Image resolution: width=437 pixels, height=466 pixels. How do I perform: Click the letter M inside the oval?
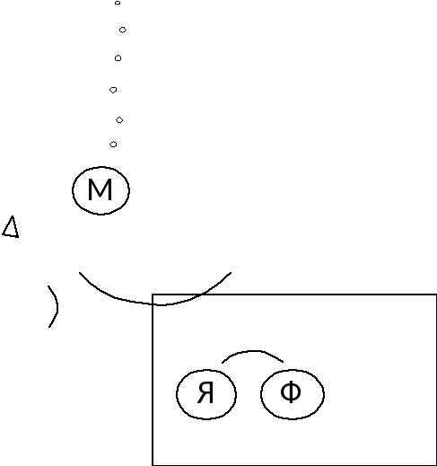[x=101, y=189]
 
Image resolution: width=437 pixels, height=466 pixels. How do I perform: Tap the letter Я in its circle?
[x=205, y=392]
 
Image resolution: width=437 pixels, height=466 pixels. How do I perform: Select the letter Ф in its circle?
[x=291, y=391]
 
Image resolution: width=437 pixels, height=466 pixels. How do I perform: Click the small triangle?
[x=11, y=227]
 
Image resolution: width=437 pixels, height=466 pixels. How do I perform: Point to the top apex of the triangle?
[x=13, y=216]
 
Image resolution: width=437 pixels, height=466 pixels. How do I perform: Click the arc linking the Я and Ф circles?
[x=253, y=351]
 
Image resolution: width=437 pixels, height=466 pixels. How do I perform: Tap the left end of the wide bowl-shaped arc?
[x=80, y=273]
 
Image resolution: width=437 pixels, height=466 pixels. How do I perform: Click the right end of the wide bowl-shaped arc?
[x=231, y=273]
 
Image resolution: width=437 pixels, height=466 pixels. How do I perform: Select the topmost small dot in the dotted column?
[x=118, y=3]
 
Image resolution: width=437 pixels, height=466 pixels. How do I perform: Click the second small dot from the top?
[x=123, y=30]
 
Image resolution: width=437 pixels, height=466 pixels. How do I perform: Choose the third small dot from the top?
[x=118, y=58]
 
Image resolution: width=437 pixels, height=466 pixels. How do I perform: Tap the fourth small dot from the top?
[x=113, y=90]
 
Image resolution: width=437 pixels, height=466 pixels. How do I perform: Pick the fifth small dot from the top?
[x=119, y=120]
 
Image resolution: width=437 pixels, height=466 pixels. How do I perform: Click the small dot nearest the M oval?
[x=113, y=145]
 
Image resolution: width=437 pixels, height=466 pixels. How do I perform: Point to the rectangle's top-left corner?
[x=153, y=295]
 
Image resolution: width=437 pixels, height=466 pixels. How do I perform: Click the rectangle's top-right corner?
[x=436, y=295]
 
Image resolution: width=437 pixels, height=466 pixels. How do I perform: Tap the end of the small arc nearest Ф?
[x=283, y=362]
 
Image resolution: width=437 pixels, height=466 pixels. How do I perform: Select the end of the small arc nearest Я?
[x=223, y=363]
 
